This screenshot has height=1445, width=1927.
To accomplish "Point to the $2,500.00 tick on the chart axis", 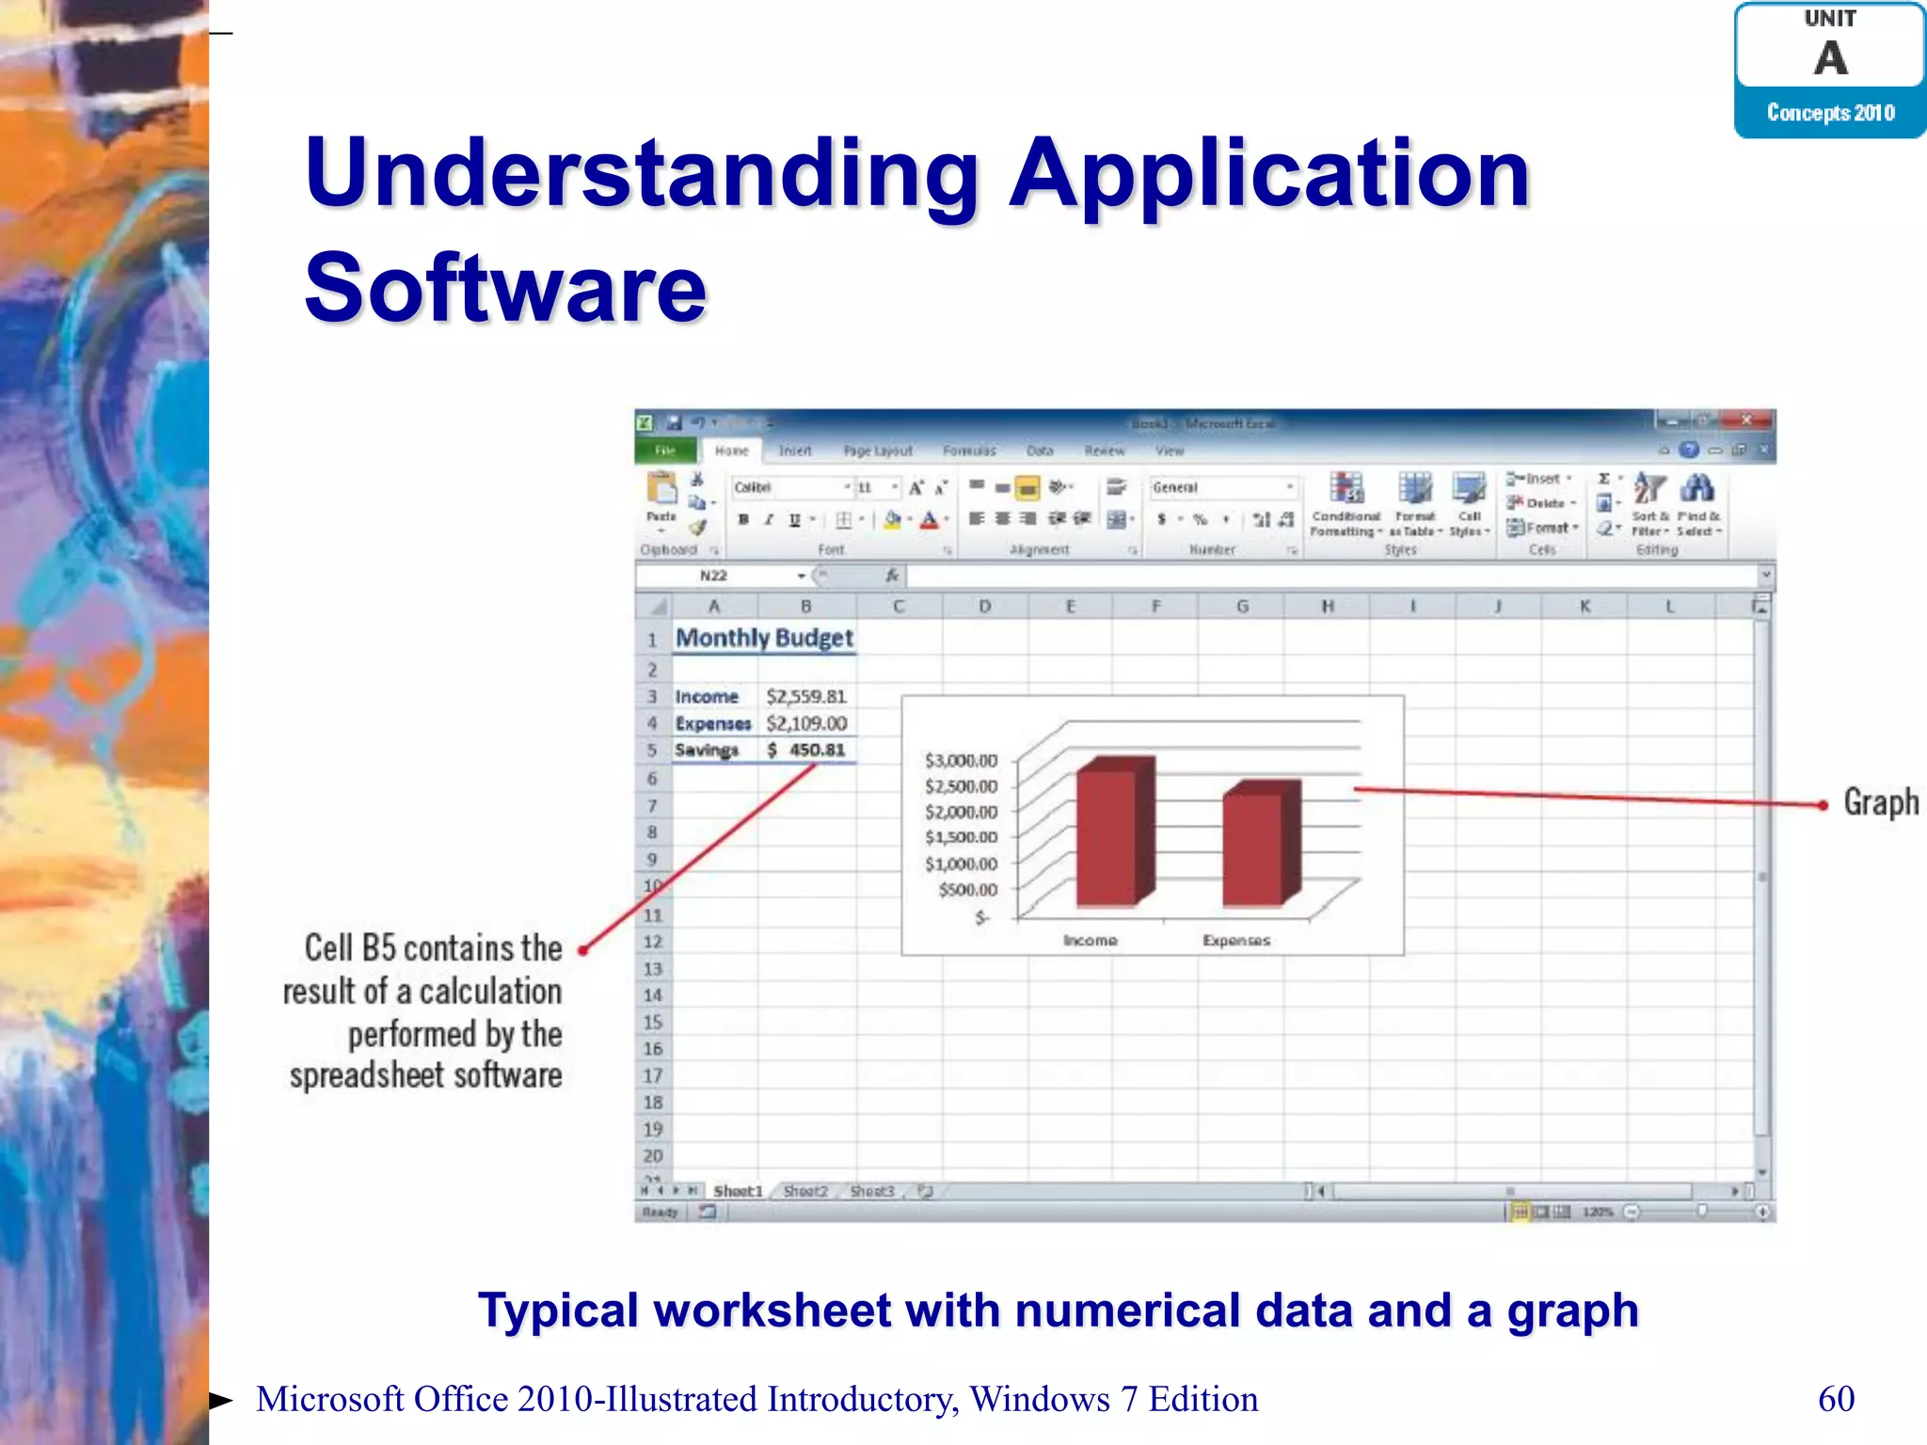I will coord(961,786).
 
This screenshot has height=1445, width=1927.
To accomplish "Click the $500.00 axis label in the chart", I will coord(967,889).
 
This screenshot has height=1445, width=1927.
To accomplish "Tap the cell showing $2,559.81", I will coord(806,696).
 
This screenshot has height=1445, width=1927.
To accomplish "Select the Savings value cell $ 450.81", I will coord(806,750).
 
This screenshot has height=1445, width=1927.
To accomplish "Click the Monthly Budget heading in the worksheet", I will coord(764,638).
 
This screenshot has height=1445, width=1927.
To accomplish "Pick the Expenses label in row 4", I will coord(712,723).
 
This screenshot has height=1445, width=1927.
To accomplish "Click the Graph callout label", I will coord(1880,802).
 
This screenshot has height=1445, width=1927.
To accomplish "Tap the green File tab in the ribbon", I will coord(665,451).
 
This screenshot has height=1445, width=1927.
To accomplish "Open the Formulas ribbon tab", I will coord(969,451).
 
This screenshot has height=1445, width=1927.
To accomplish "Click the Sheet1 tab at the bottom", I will coord(738,1191).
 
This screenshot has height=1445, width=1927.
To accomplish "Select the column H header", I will coord(1327,607).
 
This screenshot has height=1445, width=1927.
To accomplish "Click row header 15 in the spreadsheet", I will coord(652,1022).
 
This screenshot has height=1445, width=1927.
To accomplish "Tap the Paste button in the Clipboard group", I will coord(661,499).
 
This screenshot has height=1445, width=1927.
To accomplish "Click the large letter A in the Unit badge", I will coord(1830,58).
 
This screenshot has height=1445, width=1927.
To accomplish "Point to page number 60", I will coord(1836,1399).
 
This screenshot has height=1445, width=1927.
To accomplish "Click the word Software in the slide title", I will coord(505,287).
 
